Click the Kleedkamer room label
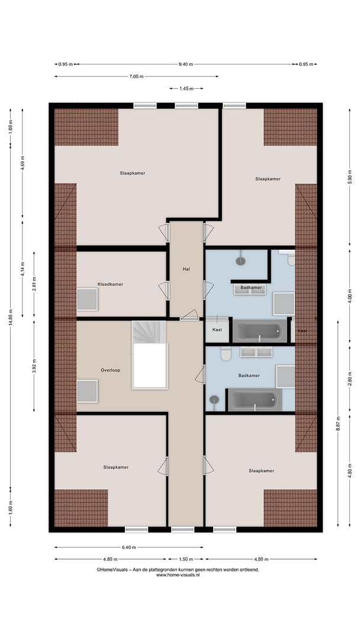click(110, 284)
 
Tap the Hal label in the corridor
click(187, 269)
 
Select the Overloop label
click(110, 370)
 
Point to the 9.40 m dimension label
click(186, 64)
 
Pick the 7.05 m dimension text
click(137, 76)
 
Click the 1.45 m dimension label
click(187, 88)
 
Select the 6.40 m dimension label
click(129, 547)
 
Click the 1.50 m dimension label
click(185, 559)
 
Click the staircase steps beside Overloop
click(149, 332)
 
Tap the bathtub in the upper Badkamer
click(260, 331)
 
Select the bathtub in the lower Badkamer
click(255, 399)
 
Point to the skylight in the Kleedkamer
click(87, 299)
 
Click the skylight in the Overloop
click(87, 391)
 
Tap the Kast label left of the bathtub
click(217, 330)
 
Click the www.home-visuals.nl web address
click(178, 575)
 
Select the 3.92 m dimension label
click(34, 366)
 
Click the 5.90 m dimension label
click(349, 177)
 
